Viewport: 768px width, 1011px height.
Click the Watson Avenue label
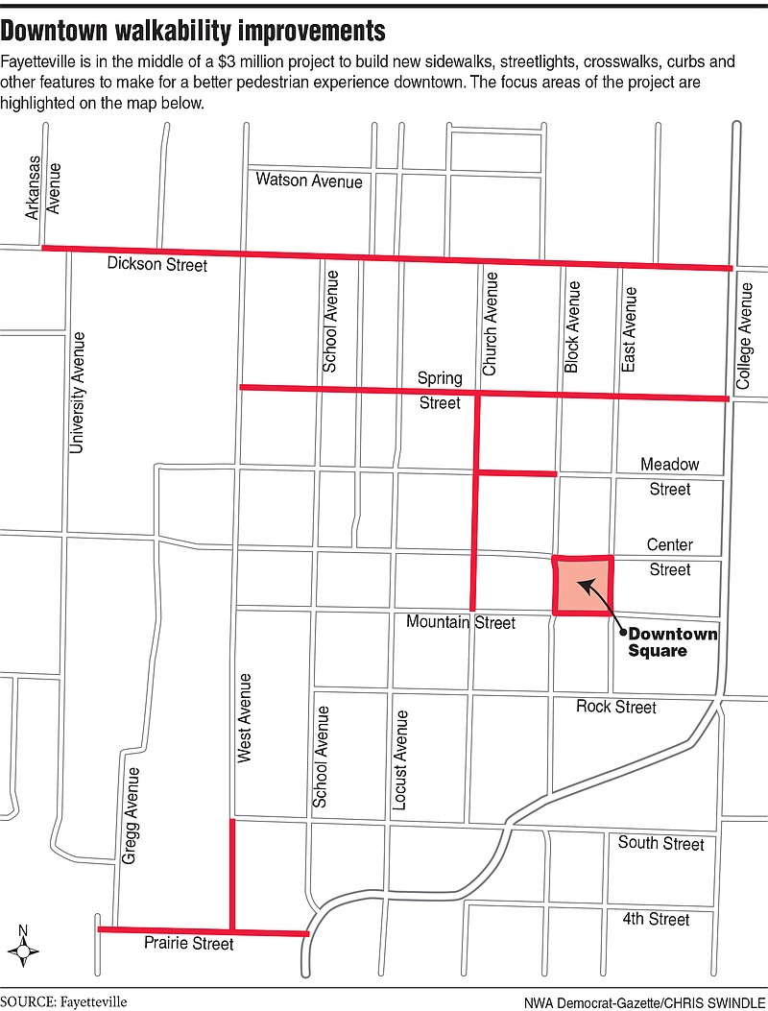pyautogui.click(x=309, y=181)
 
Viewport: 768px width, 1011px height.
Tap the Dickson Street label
pyautogui.click(x=156, y=264)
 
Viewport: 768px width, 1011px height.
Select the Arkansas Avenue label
pyautogui.click(x=44, y=188)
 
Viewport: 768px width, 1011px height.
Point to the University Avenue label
pyautogui.click(x=78, y=392)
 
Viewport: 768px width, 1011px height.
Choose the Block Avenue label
pyautogui.click(x=573, y=326)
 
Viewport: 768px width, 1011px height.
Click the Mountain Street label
pyautogui.click(x=461, y=623)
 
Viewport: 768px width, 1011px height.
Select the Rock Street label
pyautogui.click(x=616, y=707)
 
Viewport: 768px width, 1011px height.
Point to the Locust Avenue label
pyautogui.click(x=401, y=758)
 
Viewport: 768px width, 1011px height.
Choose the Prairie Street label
pyautogui.click(x=187, y=944)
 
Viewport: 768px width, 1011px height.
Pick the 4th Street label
pyautogui.click(x=656, y=920)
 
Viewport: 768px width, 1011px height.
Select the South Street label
pyautogui.click(x=660, y=843)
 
